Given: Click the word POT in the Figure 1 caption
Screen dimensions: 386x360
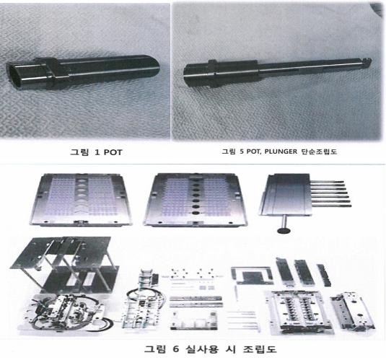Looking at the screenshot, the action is [x=113, y=152].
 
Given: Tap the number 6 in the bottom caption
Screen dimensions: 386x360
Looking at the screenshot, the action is [x=175, y=349].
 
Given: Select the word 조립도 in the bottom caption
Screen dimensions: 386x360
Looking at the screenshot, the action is [x=260, y=349].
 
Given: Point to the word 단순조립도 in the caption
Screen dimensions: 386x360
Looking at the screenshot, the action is [x=319, y=152].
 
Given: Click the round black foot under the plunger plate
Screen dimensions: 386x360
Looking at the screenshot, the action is [x=284, y=230].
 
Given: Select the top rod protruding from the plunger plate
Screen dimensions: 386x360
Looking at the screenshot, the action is [x=327, y=182].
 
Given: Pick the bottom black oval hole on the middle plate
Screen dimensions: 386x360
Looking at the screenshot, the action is [x=196, y=212].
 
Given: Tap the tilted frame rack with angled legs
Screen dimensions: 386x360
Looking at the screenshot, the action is [x=65, y=265].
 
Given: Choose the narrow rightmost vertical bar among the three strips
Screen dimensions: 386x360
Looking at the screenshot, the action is [x=324, y=276].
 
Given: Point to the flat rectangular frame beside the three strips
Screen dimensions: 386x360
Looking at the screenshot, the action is [x=252, y=276].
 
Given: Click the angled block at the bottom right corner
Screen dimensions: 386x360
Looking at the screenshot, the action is [x=353, y=311].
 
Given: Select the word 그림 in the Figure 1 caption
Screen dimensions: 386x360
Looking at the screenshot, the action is [x=79, y=152].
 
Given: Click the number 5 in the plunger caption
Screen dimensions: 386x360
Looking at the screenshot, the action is [x=241, y=152].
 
